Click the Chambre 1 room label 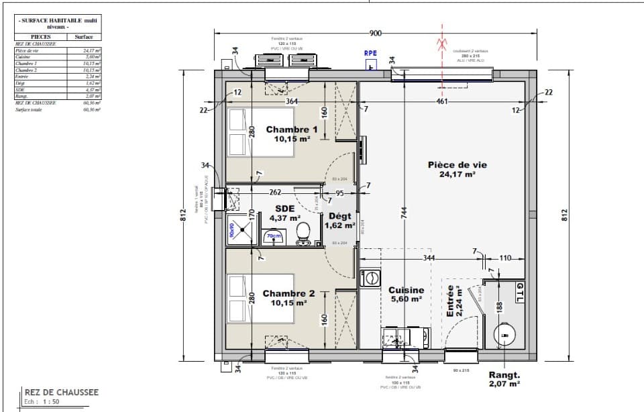point(291,130)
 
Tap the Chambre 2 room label point(288,294)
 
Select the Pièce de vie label point(458,164)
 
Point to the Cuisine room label point(407,291)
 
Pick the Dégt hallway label point(339,216)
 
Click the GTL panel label point(520,293)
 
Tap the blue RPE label point(370,53)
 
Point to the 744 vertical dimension point(403,211)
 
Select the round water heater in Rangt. point(504,333)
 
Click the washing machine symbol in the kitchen point(370,277)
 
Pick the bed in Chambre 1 point(237,132)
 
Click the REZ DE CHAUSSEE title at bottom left point(61,393)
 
